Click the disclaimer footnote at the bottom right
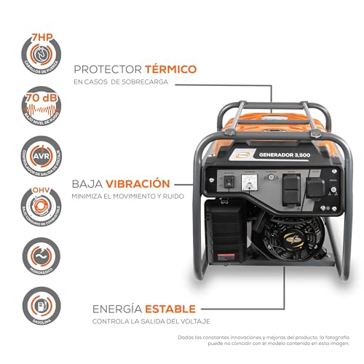[269, 343]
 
